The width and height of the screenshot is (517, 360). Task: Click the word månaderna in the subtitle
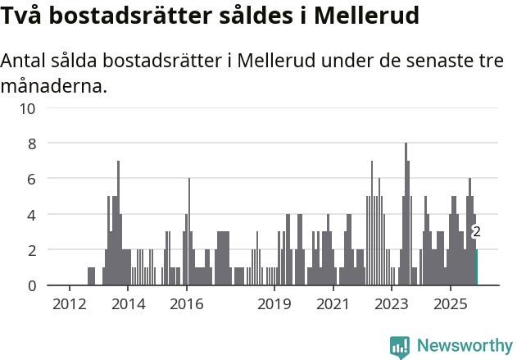(x=54, y=85)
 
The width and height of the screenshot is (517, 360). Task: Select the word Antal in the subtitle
(x=26, y=62)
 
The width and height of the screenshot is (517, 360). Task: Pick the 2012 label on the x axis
(x=69, y=304)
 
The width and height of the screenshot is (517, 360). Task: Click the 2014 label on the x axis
(x=128, y=304)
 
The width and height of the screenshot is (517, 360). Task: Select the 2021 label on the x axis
(x=333, y=304)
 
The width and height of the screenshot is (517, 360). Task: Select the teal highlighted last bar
(x=476, y=267)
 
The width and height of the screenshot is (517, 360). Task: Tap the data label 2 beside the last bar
(x=476, y=232)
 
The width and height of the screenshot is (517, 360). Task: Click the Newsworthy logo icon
(x=400, y=346)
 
